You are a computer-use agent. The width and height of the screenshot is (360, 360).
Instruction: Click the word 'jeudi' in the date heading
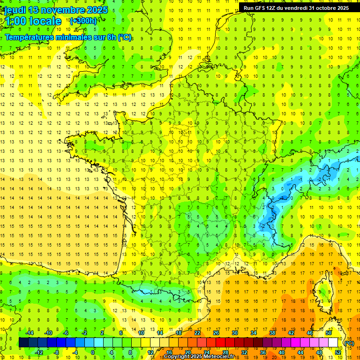click(15, 10)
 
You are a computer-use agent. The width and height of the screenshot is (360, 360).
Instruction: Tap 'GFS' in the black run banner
click(261, 7)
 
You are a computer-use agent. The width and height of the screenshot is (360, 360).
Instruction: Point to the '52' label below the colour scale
click(338, 352)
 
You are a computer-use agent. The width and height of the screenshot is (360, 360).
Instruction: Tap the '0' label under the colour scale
click(93, 352)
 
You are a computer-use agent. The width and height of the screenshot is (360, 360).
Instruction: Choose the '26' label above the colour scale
click(216, 333)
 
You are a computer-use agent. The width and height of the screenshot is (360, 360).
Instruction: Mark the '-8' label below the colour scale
click(57, 352)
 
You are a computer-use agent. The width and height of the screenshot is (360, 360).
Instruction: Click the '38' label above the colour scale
click(272, 333)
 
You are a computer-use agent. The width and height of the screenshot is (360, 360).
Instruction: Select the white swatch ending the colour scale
click(333, 343)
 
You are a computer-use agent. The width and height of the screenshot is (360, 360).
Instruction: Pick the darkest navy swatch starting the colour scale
click(23, 343)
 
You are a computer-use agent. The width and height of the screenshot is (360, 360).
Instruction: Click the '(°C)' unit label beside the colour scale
click(349, 343)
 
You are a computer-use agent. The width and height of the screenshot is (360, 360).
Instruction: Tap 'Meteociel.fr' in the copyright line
click(221, 357)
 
